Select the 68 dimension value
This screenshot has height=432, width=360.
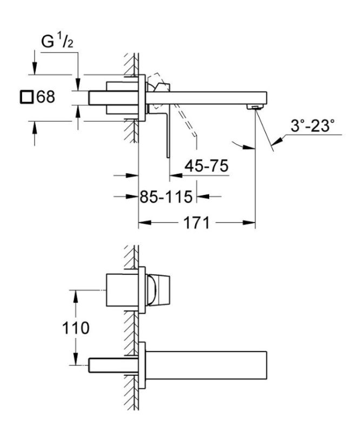coord(46,98)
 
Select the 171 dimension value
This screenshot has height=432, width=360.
coord(195,223)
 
